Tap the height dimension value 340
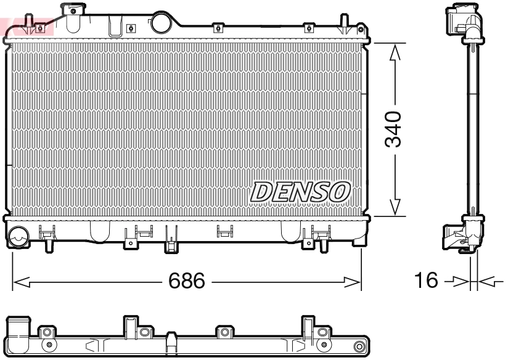coord(393,129)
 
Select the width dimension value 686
coord(187,282)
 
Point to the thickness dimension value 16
coord(425,282)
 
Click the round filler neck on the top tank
coord(162,22)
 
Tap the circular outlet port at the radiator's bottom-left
coord(18,235)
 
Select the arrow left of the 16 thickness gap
coord(457,282)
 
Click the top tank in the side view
coord(463,22)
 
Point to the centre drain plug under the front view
coord(170,245)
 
